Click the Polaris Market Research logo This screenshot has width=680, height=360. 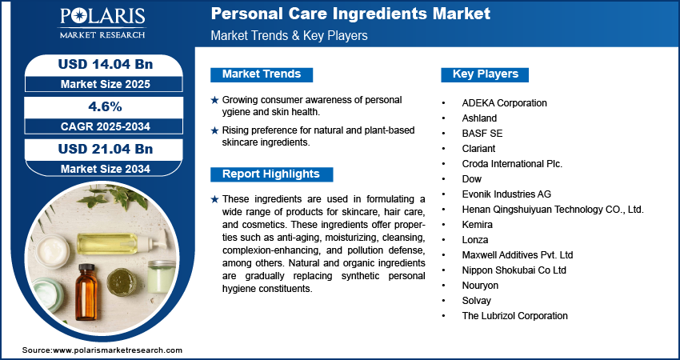[x=102, y=23]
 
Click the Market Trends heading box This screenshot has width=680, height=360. [x=262, y=74]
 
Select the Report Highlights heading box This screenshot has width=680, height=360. [x=271, y=174]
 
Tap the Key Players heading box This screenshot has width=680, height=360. [x=486, y=74]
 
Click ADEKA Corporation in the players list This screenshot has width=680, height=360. [x=504, y=103]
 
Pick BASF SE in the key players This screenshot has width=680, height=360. [x=482, y=134]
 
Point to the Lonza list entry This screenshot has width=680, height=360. [x=476, y=240]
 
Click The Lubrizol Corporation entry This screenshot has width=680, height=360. [x=514, y=316]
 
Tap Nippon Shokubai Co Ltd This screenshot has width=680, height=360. [x=514, y=270]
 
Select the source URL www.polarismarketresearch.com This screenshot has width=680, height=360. [x=118, y=350]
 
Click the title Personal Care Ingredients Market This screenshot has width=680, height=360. [x=350, y=14]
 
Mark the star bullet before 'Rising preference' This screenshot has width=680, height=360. [x=214, y=130]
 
